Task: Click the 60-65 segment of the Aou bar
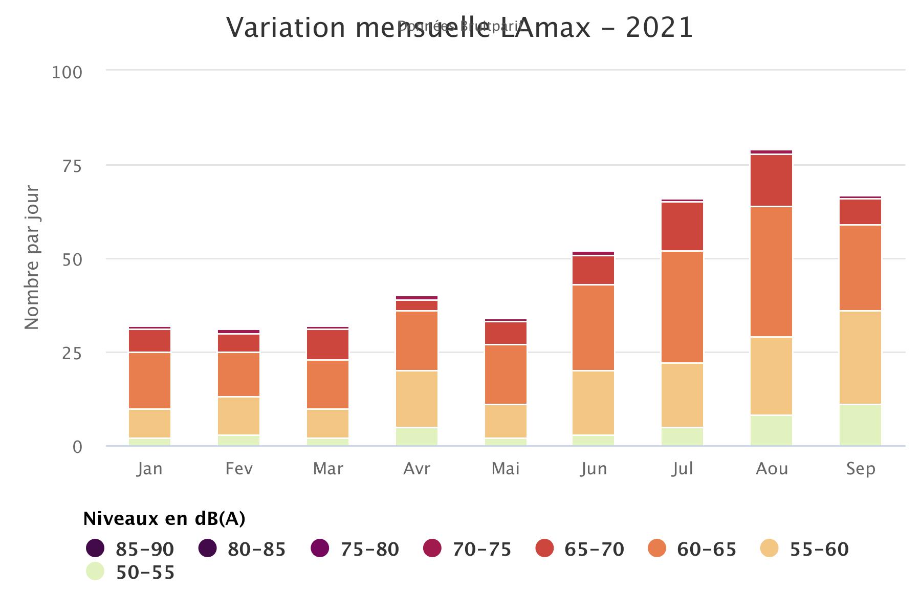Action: click(771, 271)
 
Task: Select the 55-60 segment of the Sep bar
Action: click(860, 357)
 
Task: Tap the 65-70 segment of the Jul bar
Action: click(682, 226)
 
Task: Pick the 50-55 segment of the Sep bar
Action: click(860, 425)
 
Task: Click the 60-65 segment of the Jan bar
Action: click(149, 380)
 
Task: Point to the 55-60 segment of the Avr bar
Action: click(416, 398)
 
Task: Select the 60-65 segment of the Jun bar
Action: click(594, 327)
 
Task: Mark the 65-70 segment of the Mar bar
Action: click(327, 344)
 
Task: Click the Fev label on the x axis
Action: click(239, 469)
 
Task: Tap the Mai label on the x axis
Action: click(506, 469)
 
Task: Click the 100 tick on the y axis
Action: click(67, 72)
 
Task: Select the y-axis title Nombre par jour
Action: click(32, 257)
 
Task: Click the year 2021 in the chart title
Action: click(659, 28)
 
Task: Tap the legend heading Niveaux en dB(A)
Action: click(164, 519)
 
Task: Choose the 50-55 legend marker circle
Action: click(95, 572)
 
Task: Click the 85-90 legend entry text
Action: click(145, 549)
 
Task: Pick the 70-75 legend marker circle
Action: click(432, 549)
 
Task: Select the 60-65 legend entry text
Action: click(707, 549)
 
